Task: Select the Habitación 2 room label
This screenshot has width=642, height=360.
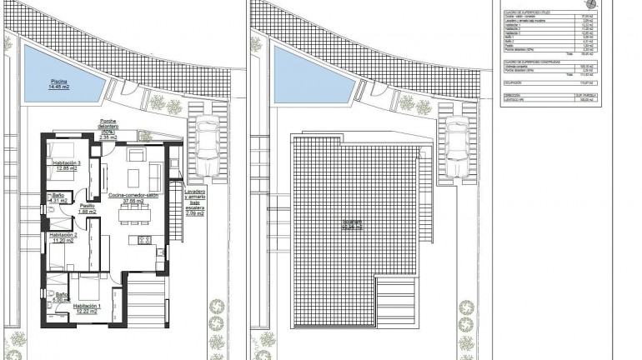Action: (x=64, y=237)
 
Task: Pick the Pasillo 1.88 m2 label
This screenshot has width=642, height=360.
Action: (x=88, y=209)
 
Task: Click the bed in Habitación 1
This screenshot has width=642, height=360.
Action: (x=88, y=290)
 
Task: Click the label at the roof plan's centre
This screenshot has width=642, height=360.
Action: (x=356, y=225)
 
